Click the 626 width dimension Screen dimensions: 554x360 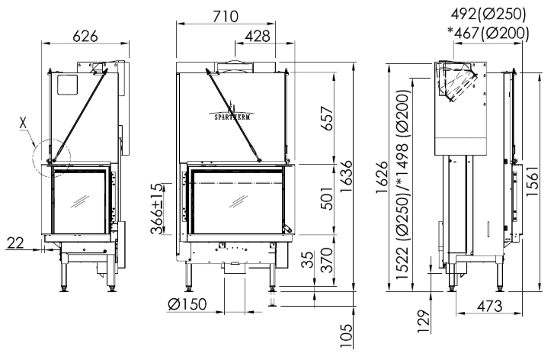[x=85, y=36]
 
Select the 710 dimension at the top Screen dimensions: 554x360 [x=226, y=16]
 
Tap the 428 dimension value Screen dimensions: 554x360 [x=258, y=36]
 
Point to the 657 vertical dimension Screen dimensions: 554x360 [x=328, y=118]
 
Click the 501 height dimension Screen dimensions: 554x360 [x=328, y=198]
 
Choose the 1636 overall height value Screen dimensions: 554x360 [x=346, y=176]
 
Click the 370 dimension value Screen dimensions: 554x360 [x=327, y=260]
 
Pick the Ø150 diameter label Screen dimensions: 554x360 [x=187, y=304]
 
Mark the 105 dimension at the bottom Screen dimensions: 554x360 [x=347, y=336]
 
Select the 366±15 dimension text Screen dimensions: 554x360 [x=158, y=209]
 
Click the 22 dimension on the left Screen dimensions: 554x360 [x=15, y=243]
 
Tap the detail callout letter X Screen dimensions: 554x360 [x=23, y=123]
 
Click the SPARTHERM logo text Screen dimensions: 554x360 [x=232, y=117]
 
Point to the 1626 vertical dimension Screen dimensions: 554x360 [x=382, y=177]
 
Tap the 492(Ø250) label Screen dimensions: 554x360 [x=488, y=14]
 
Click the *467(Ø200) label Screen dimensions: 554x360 [x=488, y=33]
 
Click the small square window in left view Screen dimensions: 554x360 [x=67, y=85]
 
